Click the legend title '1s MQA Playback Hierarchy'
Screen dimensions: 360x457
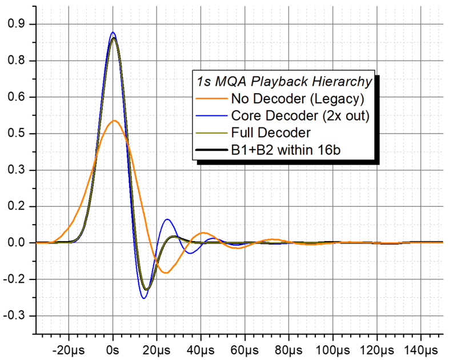[284, 81]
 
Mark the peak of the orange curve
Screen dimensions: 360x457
[114, 121]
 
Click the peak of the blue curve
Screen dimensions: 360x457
[113, 33]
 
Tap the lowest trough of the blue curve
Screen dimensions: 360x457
[144, 298]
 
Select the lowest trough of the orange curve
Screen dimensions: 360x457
[166, 273]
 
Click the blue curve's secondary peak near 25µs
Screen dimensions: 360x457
[167, 219]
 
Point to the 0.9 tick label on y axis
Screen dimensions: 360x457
[18, 24]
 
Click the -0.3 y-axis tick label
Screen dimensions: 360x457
[16, 316]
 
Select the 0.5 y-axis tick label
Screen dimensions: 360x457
[18, 134]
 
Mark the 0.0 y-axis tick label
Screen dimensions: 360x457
[18, 243]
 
